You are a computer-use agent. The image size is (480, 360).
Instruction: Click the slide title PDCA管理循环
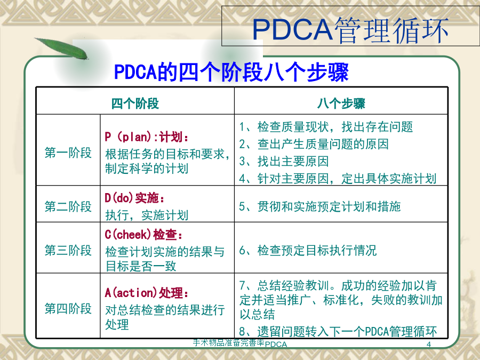[350, 30]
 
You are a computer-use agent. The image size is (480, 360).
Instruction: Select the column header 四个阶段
[135, 103]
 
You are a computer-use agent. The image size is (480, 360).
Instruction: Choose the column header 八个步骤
[341, 103]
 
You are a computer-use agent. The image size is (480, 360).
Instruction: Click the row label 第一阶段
[68, 153]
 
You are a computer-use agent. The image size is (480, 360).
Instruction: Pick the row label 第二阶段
[68, 206]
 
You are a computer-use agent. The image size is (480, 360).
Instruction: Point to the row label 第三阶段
[68, 250]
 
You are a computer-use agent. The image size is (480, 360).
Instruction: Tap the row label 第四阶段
[68, 308]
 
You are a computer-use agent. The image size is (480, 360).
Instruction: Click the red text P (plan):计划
[146, 137]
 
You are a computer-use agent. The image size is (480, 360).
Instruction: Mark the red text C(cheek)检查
[143, 235]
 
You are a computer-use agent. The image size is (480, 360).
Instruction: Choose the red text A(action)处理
[146, 293]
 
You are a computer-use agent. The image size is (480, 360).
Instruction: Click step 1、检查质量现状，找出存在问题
[326, 126]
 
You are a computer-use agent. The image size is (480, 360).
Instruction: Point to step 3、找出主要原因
[284, 161]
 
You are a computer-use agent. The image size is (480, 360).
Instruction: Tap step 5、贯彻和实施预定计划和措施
[320, 206]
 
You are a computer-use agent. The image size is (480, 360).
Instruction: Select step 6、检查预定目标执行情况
[308, 250]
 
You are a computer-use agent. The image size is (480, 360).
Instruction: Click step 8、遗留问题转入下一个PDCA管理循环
[338, 331]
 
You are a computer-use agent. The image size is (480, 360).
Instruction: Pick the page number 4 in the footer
[429, 345]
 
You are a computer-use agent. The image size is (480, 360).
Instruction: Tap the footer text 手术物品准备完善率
[228, 342]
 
